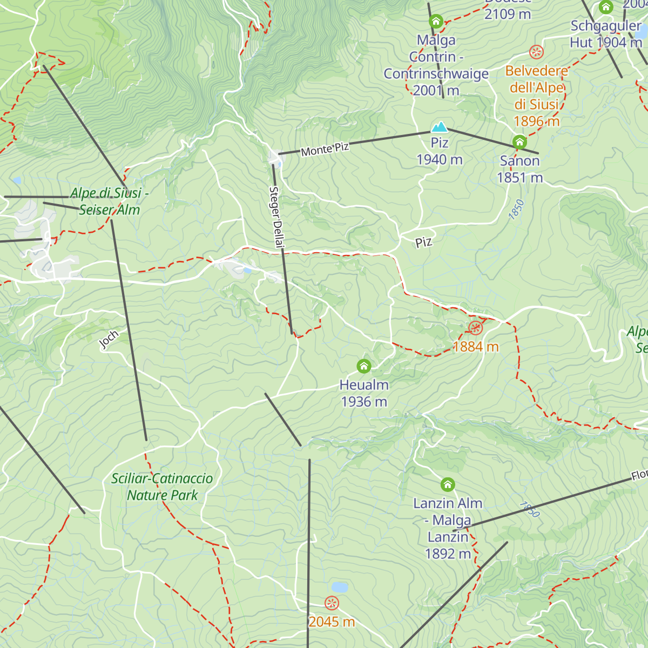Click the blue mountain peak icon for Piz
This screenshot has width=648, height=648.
[x=439, y=127]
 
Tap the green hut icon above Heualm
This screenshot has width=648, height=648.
[x=364, y=367]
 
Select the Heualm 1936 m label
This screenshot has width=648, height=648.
[x=364, y=393]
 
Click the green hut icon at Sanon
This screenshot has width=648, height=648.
[x=519, y=142]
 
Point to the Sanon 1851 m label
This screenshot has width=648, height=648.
[x=519, y=169]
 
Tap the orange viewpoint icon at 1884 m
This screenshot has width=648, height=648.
[x=475, y=328]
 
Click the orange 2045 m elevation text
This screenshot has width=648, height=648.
[x=332, y=622]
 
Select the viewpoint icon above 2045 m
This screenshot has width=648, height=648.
[x=332, y=603]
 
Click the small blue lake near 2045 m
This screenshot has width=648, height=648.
[x=340, y=587]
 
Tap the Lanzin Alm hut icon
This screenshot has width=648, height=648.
[x=448, y=484]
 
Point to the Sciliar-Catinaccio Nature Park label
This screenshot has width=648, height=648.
[x=162, y=487]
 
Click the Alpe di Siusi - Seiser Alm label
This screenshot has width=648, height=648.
[x=109, y=201]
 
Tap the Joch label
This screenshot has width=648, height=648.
[x=109, y=340]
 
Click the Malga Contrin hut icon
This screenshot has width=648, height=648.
[x=436, y=22]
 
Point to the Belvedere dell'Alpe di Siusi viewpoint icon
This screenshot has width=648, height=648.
[x=536, y=52]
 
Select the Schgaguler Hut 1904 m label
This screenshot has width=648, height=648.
[x=605, y=34]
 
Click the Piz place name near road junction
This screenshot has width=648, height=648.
[x=424, y=241]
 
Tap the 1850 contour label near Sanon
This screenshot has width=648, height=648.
[x=516, y=210]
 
